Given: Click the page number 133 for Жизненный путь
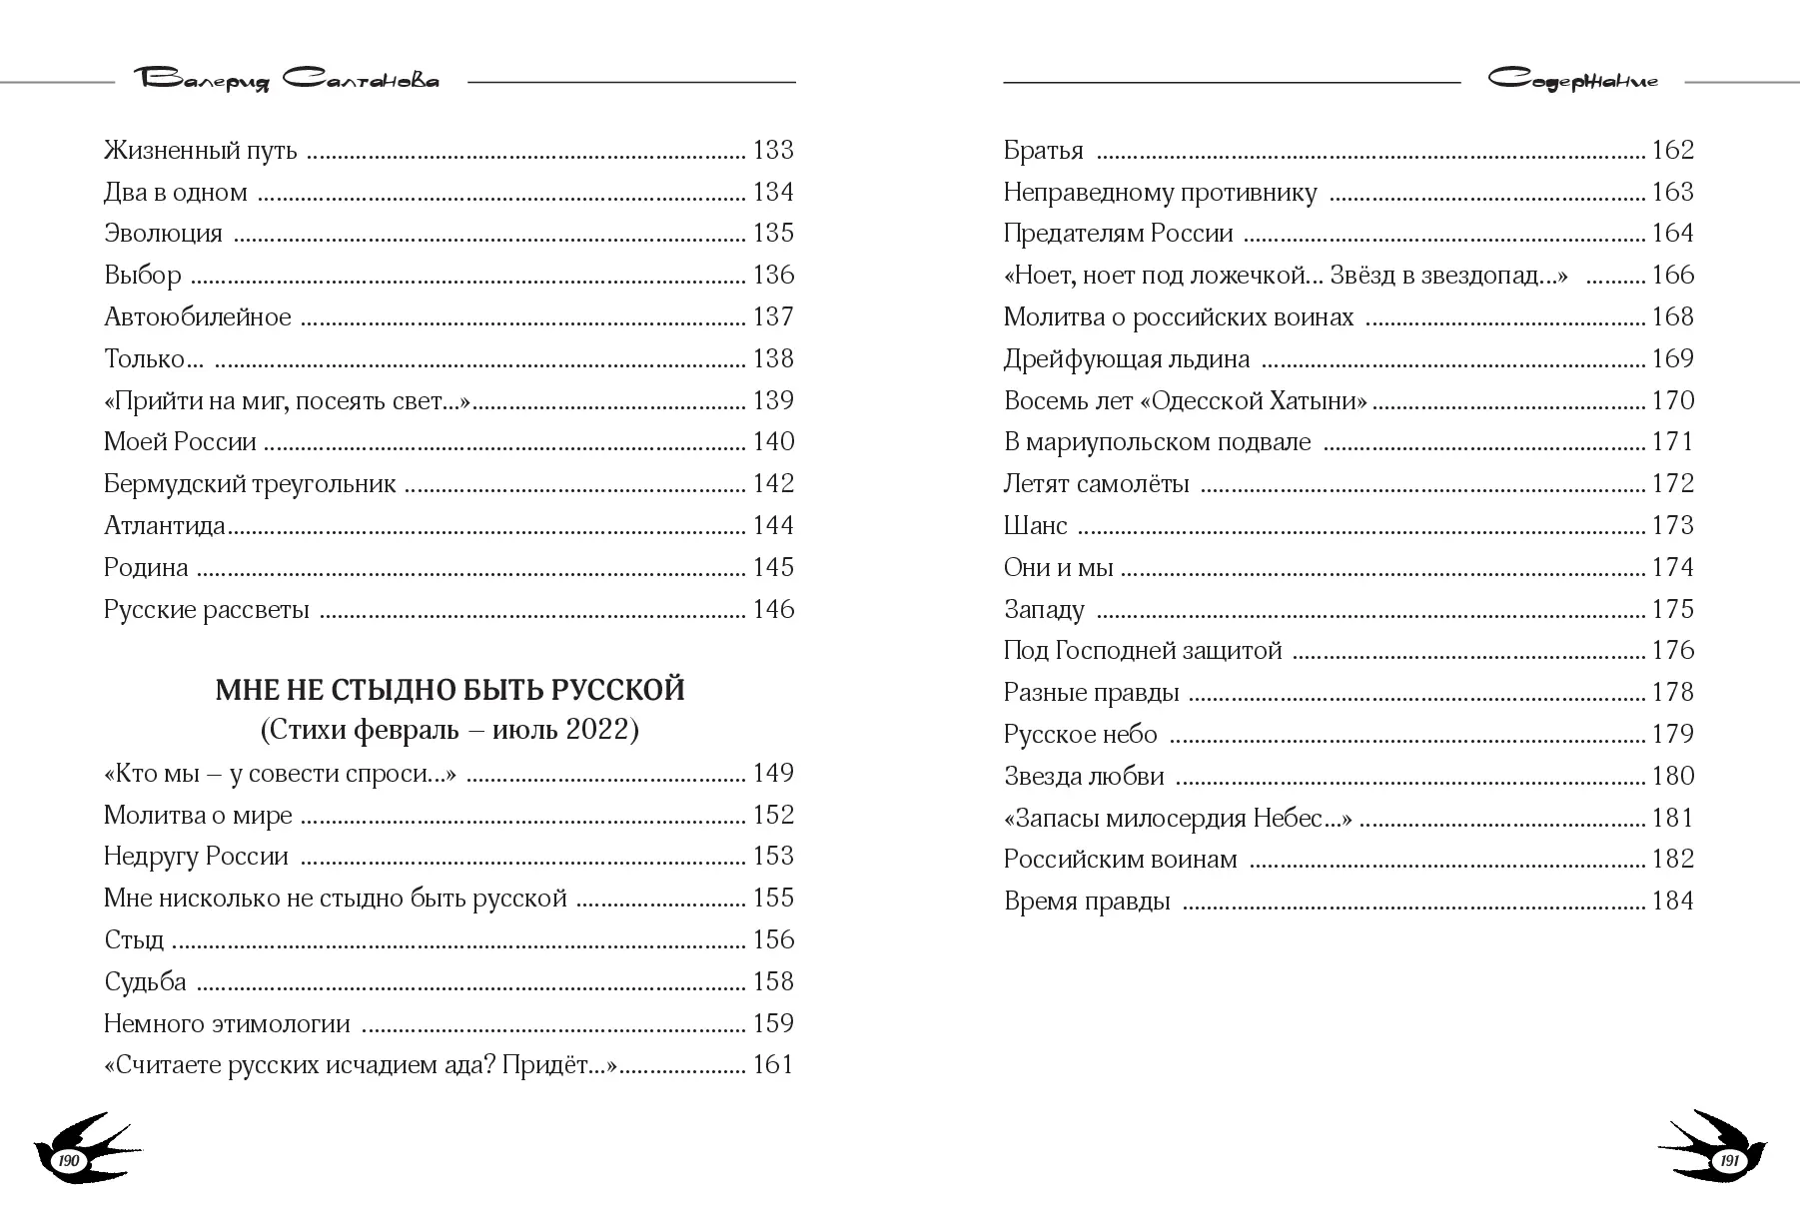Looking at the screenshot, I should pos(773,151).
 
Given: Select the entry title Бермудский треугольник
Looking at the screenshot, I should pos(250,484).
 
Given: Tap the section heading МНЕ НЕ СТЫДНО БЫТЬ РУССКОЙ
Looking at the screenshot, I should pos(450,690).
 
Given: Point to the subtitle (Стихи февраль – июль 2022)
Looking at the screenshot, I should pos(450,731).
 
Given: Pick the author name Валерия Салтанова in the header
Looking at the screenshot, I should pos(291,80).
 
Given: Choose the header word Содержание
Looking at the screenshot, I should pos(1572,80).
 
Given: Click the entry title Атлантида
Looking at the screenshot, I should pos(165,526).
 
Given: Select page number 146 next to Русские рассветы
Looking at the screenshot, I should pos(773,610).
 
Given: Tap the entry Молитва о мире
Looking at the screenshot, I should pos(198,816).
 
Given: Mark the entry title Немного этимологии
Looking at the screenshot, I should pos(227,1024).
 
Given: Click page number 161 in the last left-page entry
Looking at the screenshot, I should pos(773,1065).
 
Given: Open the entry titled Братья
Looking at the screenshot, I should pos(1043,151).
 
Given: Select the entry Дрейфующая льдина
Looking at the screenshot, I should pos(1126,359).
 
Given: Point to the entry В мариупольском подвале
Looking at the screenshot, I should pos(1157,442).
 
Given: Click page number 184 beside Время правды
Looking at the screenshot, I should pos(1673,902).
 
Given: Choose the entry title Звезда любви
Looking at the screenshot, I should pos(1084,777).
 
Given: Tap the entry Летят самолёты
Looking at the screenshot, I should pos(1096,484).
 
